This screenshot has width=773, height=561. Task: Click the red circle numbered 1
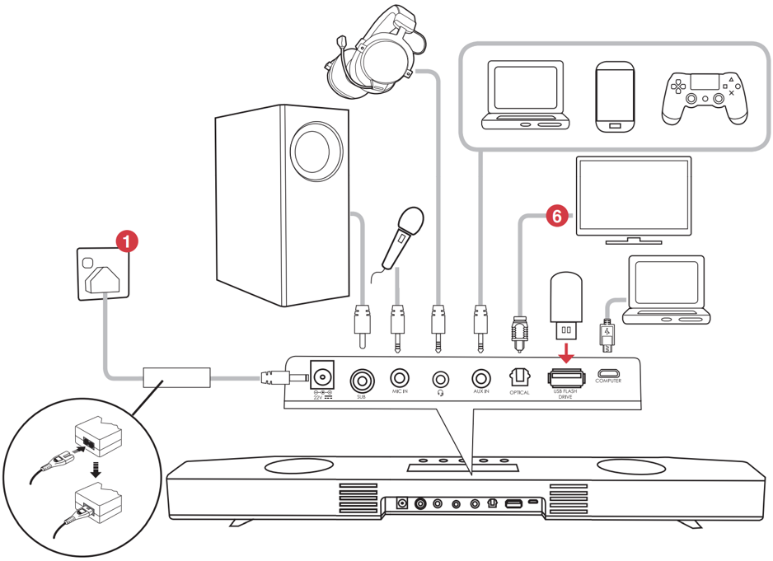[126, 241]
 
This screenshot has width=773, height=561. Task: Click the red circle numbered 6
[556, 217]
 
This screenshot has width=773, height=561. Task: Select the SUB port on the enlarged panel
[361, 380]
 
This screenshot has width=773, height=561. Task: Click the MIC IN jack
[400, 378]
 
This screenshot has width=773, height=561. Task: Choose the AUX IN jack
[480, 378]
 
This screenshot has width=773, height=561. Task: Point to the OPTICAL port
[519, 376]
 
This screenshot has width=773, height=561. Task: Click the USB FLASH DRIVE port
[565, 378]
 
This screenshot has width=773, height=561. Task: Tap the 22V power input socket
[322, 376]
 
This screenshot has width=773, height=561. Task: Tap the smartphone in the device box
[615, 97]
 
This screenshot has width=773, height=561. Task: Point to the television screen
[633, 194]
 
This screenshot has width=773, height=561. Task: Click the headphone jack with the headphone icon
[440, 379]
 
